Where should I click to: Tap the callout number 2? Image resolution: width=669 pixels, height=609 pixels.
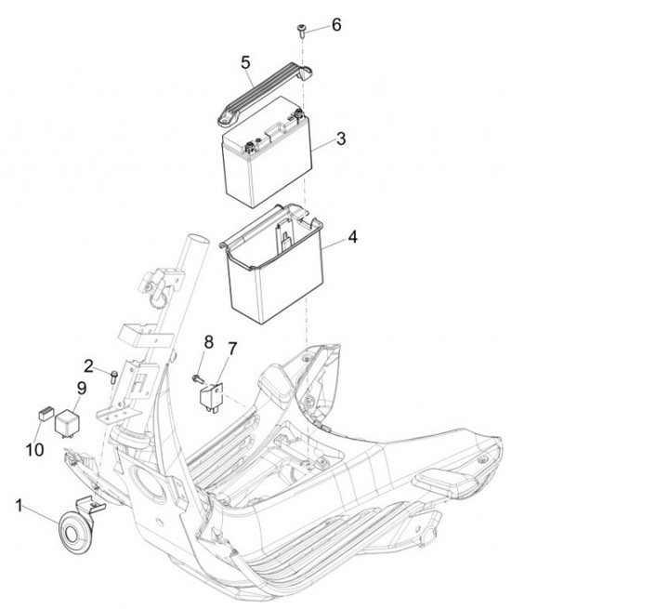[x=88, y=366]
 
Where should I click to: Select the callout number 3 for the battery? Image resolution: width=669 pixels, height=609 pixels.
[x=341, y=139]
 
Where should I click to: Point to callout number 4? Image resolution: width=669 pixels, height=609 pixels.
[x=352, y=237]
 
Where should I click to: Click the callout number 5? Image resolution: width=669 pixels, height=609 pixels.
[x=245, y=62]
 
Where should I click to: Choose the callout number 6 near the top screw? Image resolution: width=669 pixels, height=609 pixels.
[x=336, y=25]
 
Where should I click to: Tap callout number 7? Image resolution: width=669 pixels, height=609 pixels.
[x=232, y=349]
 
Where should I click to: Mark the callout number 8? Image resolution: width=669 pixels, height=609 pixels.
[x=209, y=342]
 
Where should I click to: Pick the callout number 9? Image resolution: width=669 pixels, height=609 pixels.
[x=82, y=389]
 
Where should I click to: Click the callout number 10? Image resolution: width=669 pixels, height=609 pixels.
[x=34, y=449]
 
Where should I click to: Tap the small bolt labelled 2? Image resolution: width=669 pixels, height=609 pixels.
[x=113, y=377]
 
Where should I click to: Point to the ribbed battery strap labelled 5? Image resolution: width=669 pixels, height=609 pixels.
[x=265, y=93]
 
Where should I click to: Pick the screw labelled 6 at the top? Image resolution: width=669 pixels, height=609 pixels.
[x=301, y=32]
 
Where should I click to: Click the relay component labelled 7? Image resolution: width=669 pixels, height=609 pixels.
[x=211, y=397]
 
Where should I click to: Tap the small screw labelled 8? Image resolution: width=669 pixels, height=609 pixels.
[x=198, y=378]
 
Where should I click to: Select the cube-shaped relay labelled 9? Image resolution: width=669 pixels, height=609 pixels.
[x=66, y=423]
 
